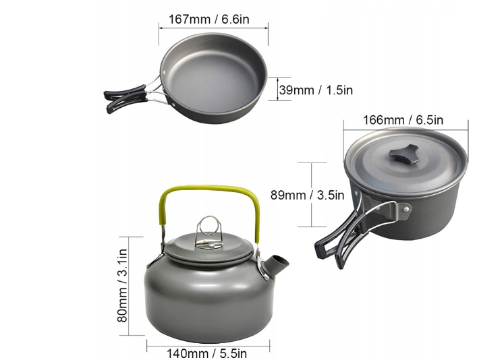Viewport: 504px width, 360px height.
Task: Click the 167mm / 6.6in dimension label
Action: pyautogui.click(x=209, y=20)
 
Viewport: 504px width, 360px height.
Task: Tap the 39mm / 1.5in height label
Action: pyautogui.click(x=316, y=90)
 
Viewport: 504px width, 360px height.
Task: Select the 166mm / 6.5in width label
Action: pyautogui.click(x=403, y=120)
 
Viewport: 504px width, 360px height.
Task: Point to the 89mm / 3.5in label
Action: pyautogui.click(x=308, y=195)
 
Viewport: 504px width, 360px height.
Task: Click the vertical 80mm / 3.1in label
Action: pyautogui.click(x=123, y=286)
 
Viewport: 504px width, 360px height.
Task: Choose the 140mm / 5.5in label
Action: pyautogui.click(x=206, y=353)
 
